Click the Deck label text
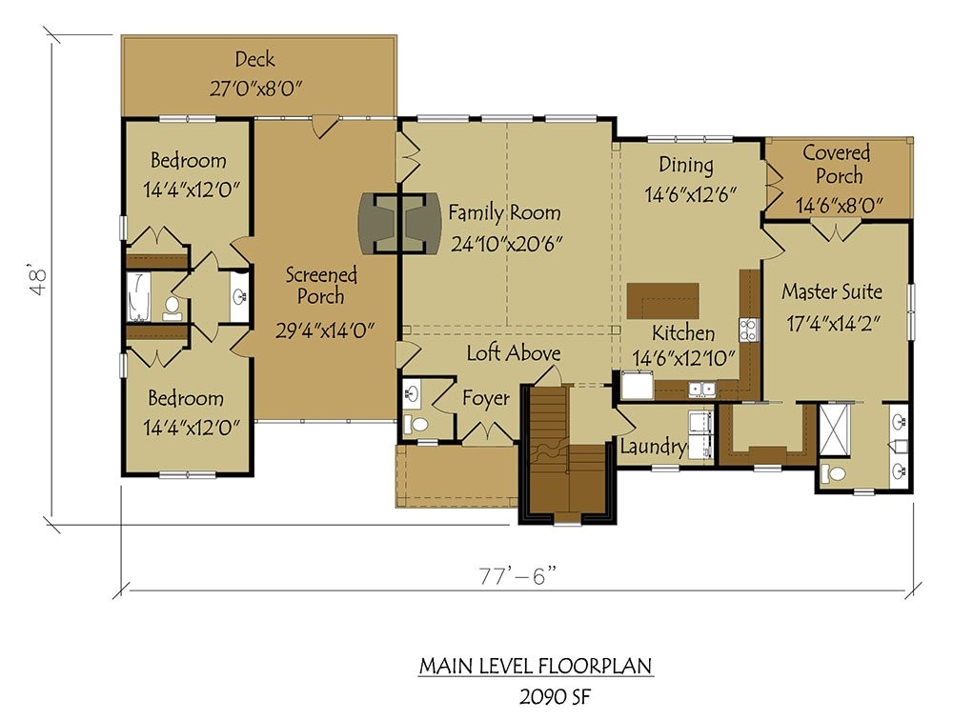pyautogui.click(x=254, y=60)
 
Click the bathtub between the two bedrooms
pyautogui.click(x=139, y=295)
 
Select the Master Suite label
pyautogui.click(x=832, y=291)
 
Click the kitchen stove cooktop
pyautogui.click(x=748, y=330)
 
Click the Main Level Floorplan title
pyautogui.click(x=537, y=665)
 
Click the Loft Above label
pyautogui.click(x=513, y=353)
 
